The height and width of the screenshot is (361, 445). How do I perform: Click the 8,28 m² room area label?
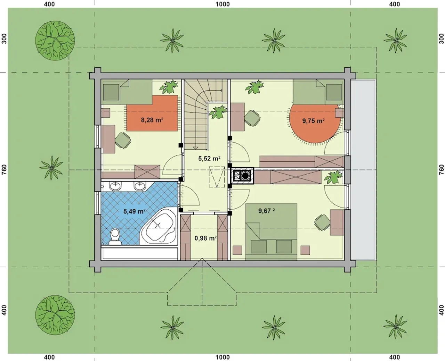pyautogui.click(x=152, y=120)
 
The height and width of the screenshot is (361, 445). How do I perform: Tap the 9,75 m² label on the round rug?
pyautogui.click(x=313, y=121)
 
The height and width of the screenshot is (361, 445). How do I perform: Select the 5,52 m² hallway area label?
pyautogui.click(x=209, y=159)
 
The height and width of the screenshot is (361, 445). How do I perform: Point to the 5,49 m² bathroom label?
pyautogui.click(x=134, y=211)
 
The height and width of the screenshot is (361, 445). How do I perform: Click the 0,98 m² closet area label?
pyautogui.click(x=205, y=238)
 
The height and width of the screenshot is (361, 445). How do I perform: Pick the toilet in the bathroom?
pyautogui.click(x=115, y=236)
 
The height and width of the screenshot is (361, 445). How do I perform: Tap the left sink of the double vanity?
pyautogui.click(x=115, y=186)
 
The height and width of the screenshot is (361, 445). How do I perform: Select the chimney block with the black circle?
pyautogui.click(x=242, y=176)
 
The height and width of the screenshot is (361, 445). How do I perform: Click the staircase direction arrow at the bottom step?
pyautogui.click(x=195, y=148)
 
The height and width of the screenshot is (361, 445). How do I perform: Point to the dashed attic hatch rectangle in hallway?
pyautogui.click(x=217, y=177)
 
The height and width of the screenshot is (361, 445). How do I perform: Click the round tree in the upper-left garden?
pyautogui.click(x=55, y=41)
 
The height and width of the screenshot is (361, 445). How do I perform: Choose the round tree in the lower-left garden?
pyautogui.click(x=55, y=315)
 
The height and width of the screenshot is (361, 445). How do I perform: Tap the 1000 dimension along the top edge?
pyautogui.click(x=222, y=4)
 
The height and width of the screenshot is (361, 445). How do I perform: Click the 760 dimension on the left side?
pyautogui.click(x=4, y=169)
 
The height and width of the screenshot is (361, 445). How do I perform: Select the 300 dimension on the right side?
pyautogui.click(x=441, y=39)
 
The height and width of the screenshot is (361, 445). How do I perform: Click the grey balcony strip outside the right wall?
pyautogui.click(x=363, y=170)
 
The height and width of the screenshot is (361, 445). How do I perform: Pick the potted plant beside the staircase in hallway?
pyautogui.click(x=218, y=112)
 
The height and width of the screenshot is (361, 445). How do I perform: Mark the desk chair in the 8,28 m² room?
pyautogui.click(x=123, y=140)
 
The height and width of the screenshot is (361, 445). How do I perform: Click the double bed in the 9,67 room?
pyautogui.click(x=272, y=232)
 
